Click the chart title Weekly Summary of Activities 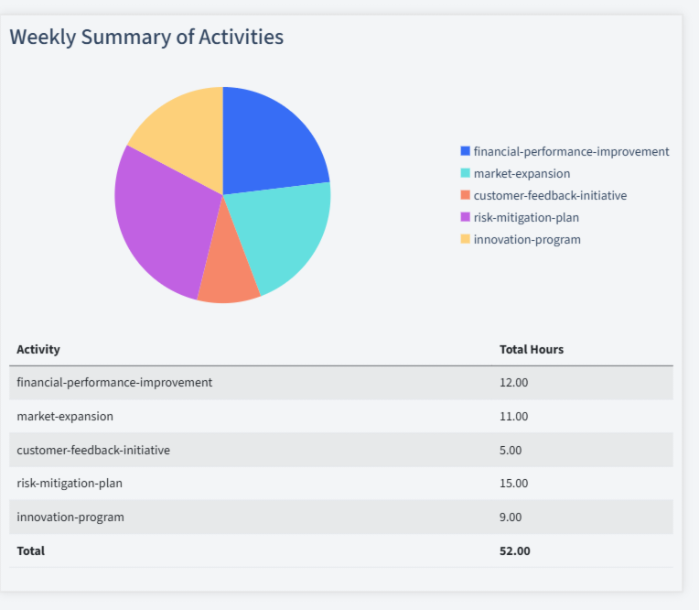[x=146, y=38]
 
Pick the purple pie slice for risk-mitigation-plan [x=165, y=224]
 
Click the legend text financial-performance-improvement [x=571, y=151]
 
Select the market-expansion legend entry [x=522, y=173]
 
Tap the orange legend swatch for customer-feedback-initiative [x=466, y=195]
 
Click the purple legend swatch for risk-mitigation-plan [x=466, y=217]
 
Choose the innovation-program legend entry [x=527, y=239]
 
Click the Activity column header [x=38, y=349]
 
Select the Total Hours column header [x=532, y=349]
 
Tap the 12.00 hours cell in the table [x=514, y=382]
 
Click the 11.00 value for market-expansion [x=514, y=416]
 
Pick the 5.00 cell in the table [x=511, y=450]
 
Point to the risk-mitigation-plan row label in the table [x=70, y=483]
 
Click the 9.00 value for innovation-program [x=511, y=517]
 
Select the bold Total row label [x=30, y=550]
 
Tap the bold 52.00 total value [x=515, y=550]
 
